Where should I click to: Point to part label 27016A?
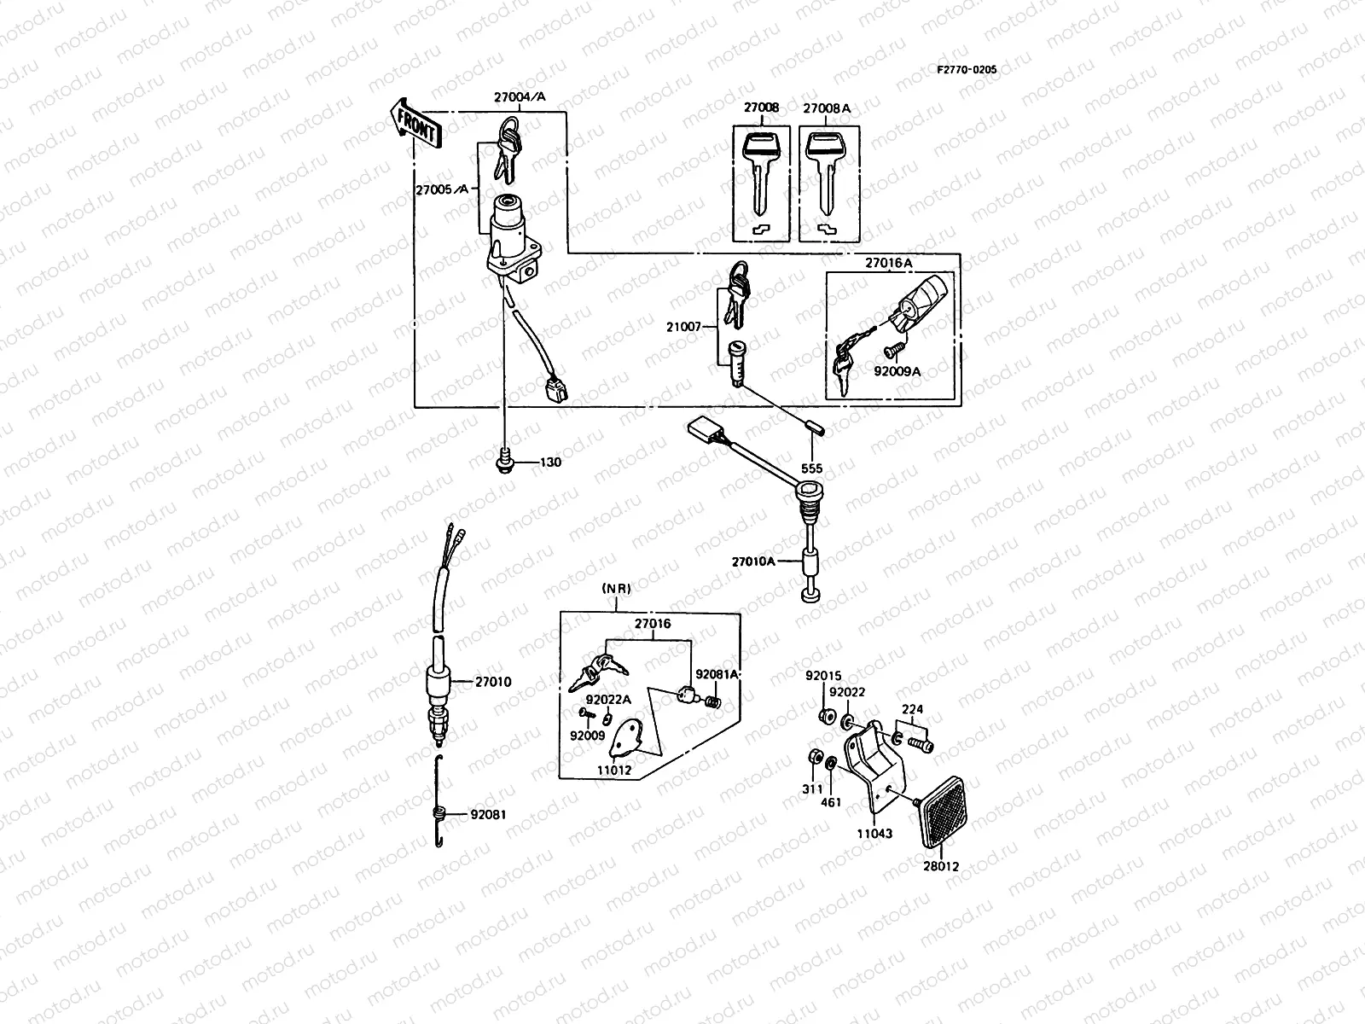889,265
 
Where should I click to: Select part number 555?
811,468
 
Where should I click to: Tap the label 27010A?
753,561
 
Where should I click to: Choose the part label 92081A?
717,674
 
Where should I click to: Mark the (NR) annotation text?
615,589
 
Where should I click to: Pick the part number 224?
911,709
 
